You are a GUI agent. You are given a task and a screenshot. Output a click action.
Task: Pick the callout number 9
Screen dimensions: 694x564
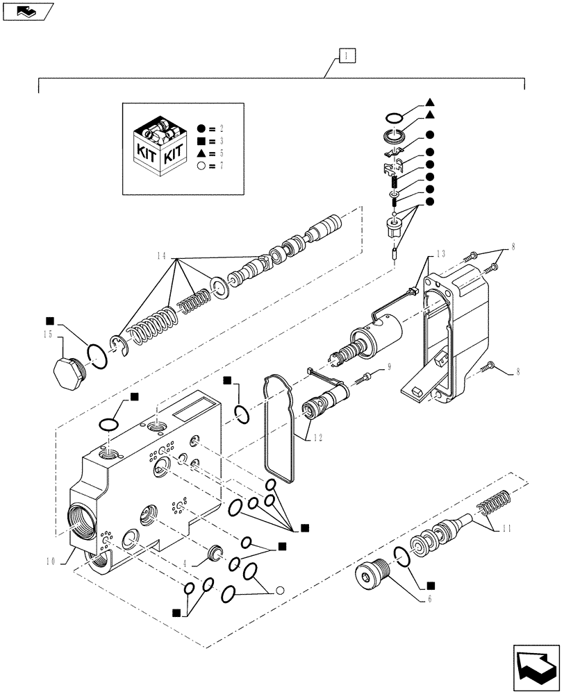point(390,366)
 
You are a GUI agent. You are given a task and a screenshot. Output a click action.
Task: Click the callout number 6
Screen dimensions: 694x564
point(431,598)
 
